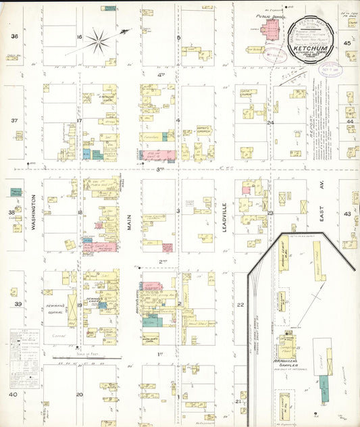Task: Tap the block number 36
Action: pos(14,36)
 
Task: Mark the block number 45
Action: pos(348,43)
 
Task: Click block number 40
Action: pos(13,394)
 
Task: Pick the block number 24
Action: pos(269,123)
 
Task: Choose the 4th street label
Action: pos(161,76)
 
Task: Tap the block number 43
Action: pos(348,214)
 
